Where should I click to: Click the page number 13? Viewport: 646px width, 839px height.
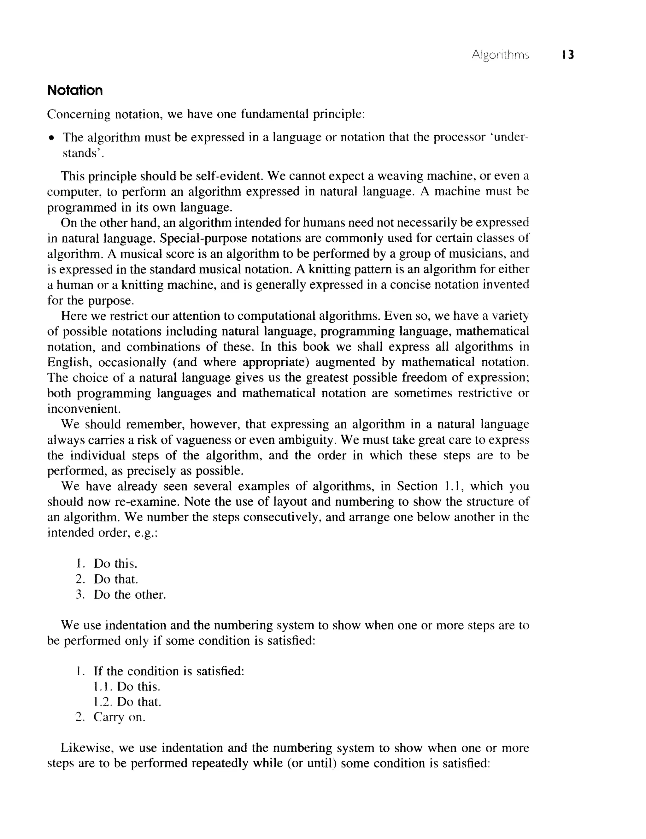[568, 55]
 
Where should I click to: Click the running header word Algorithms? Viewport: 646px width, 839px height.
[500, 55]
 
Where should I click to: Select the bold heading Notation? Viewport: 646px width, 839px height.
[75, 91]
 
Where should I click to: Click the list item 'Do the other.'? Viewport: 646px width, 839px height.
[130, 595]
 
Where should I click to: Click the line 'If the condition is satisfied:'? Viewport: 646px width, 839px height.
[169, 671]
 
